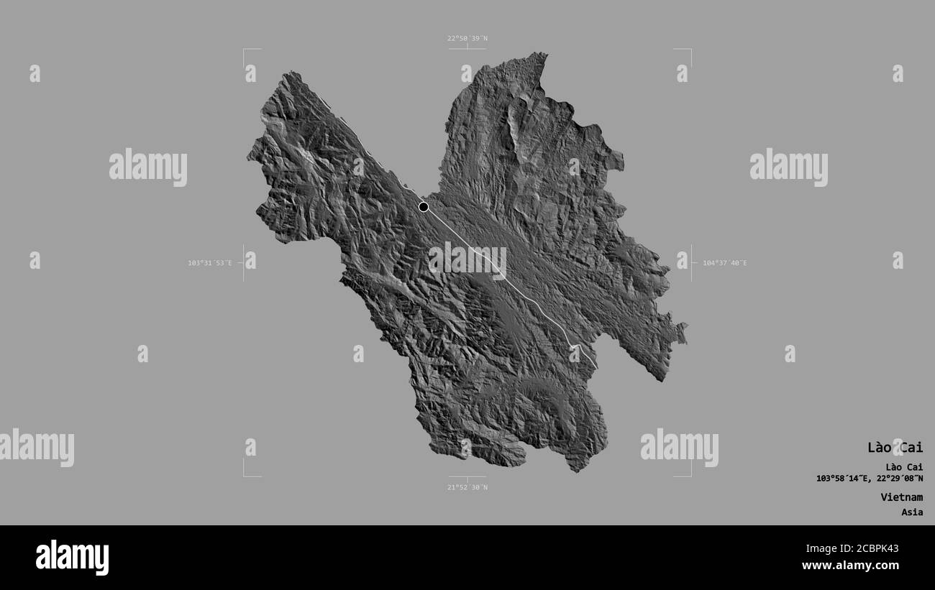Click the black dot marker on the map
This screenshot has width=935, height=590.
[x=424, y=207]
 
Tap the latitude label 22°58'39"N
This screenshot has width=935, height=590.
[x=467, y=38]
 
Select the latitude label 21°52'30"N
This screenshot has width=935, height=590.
[x=467, y=487]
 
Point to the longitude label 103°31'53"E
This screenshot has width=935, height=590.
[x=210, y=263]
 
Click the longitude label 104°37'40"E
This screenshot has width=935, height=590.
[x=724, y=263]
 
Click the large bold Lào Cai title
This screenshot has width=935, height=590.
[x=895, y=448]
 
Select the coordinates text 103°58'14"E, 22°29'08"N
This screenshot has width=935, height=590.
[x=870, y=479]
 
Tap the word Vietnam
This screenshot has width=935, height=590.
[x=901, y=497]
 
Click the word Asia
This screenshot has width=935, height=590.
[x=912, y=512]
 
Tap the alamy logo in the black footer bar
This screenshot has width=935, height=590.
[x=72, y=558]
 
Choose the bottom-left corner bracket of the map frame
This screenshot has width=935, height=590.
[x=245, y=475]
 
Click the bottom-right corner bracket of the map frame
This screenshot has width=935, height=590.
[x=690, y=475]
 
